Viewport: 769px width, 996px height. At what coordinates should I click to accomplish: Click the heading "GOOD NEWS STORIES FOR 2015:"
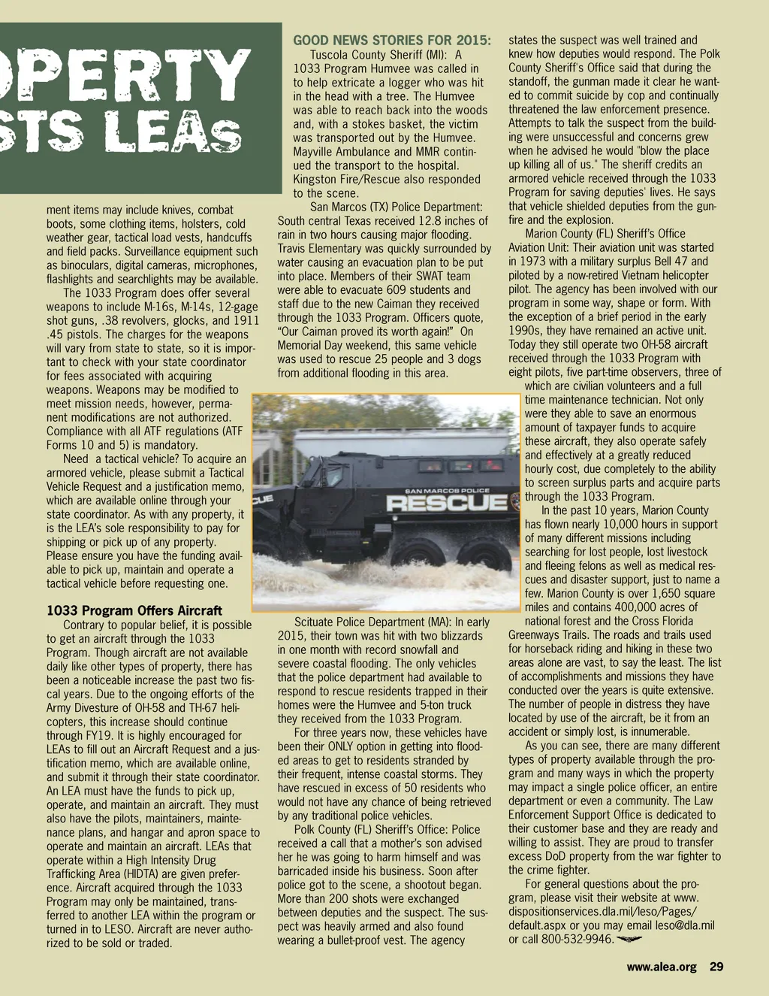(x=392, y=40)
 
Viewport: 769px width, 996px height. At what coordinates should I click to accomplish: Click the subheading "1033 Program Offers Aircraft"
(x=134, y=610)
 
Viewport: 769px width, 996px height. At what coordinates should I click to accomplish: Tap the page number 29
(x=716, y=967)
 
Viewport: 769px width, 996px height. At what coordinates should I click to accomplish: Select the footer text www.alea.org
(x=662, y=967)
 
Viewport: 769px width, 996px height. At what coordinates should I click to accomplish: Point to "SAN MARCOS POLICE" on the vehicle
(x=447, y=490)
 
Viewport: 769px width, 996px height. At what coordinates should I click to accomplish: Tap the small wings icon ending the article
(x=629, y=940)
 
